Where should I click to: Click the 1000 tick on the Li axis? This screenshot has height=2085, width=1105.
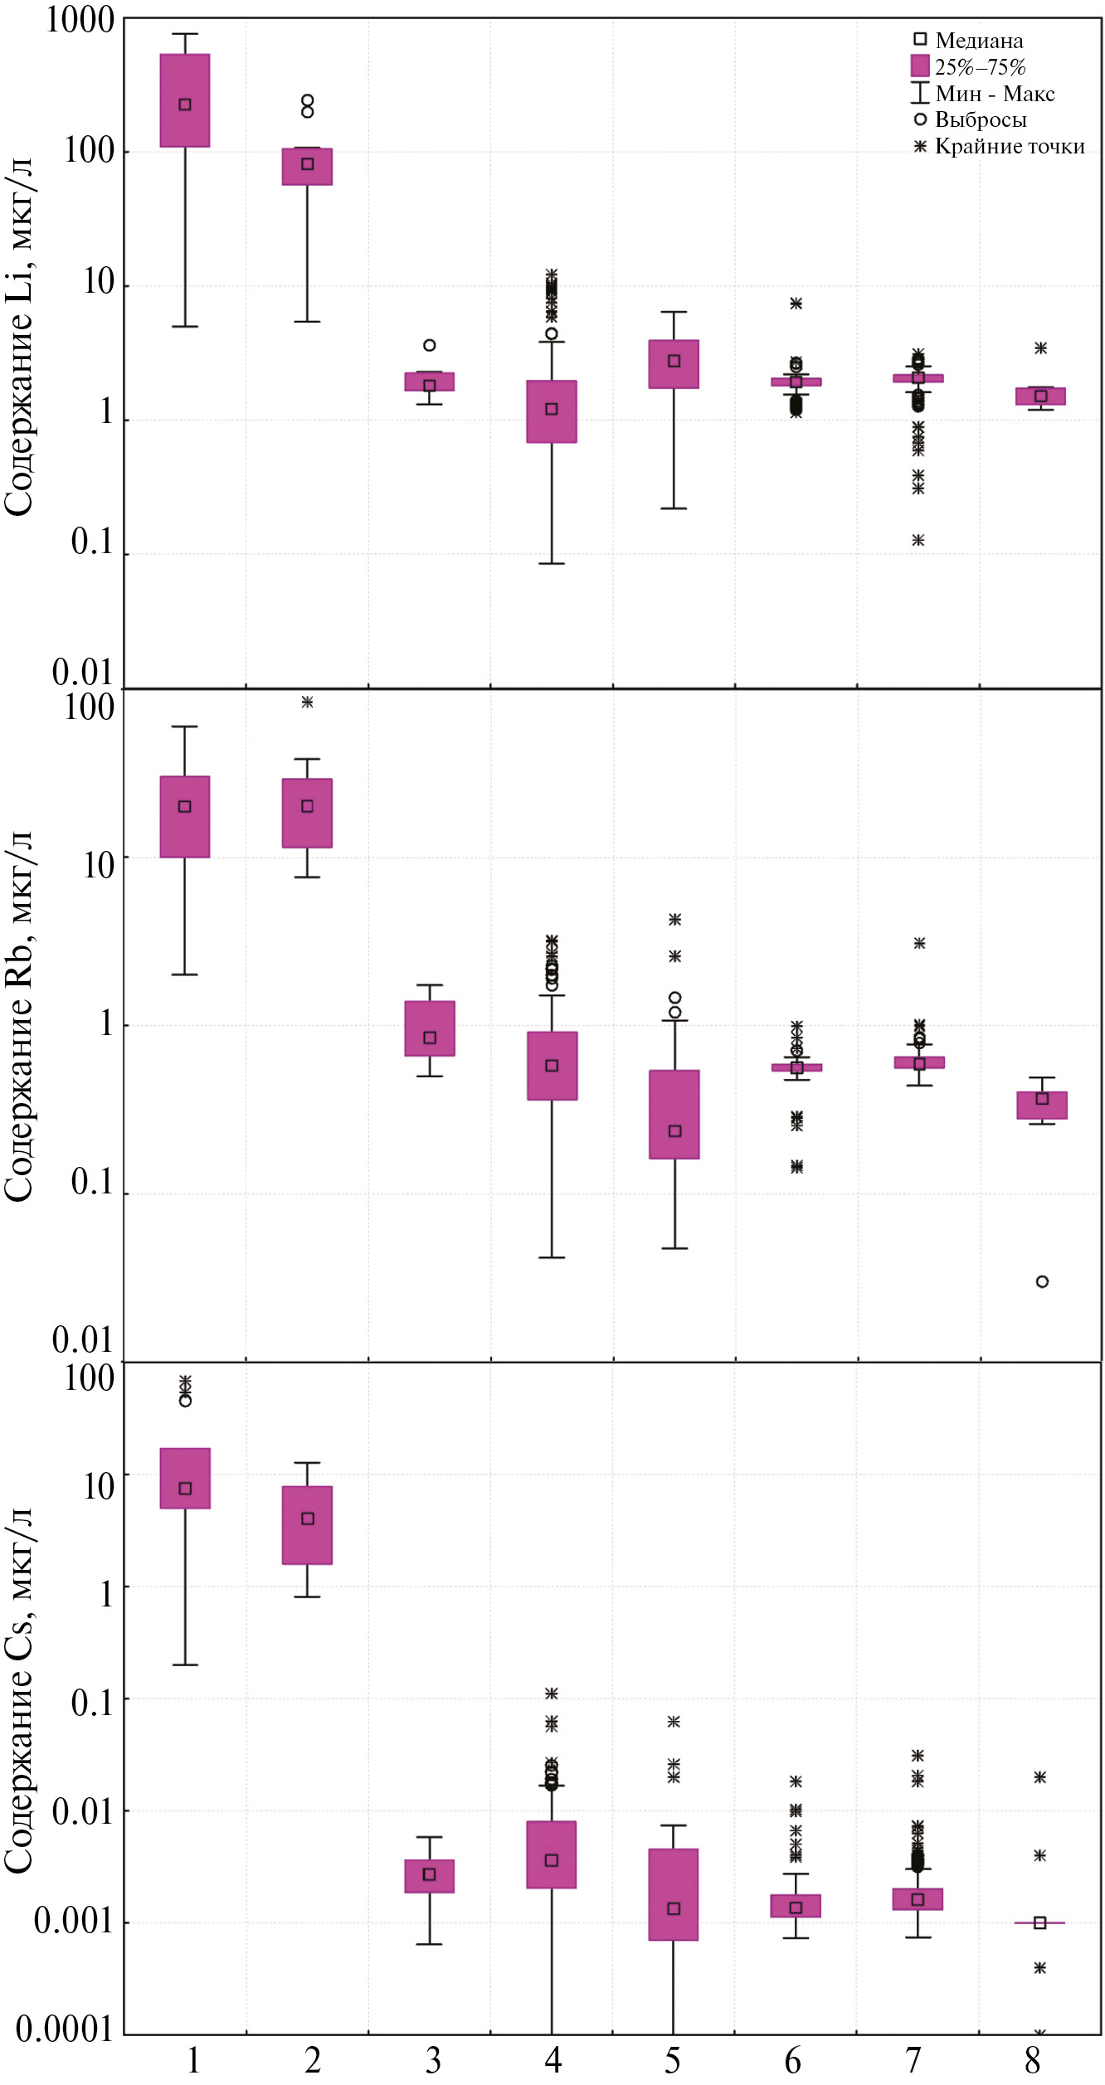click(80, 20)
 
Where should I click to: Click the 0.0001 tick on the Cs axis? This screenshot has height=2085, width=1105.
click(64, 2029)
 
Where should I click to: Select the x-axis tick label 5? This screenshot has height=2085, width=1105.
click(673, 2061)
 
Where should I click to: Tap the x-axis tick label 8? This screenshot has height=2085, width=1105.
click(1033, 2061)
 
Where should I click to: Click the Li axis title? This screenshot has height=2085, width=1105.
click(18, 336)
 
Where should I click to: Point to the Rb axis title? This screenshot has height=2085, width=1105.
click(18, 1016)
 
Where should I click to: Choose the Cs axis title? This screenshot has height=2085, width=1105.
click(18, 1692)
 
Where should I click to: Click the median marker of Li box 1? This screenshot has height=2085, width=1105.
click(185, 104)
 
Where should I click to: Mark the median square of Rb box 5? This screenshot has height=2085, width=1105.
click(675, 1131)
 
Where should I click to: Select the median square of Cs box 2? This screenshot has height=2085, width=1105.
click(308, 1519)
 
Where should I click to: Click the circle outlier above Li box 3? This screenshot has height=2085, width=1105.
click(430, 345)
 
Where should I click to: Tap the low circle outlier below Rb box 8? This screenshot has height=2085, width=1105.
click(1042, 1281)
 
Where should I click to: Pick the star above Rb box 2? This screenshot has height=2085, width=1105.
click(307, 702)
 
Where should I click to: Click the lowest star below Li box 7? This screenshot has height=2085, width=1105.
click(918, 540)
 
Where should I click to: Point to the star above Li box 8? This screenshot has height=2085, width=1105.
click(1041, 348)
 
